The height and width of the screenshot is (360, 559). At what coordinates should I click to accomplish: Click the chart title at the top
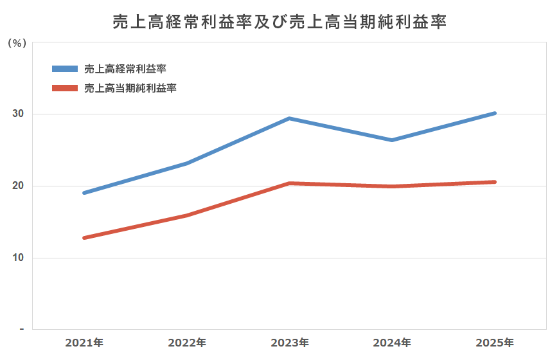[279, 22]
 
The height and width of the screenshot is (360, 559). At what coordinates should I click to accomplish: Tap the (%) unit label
[17, 44]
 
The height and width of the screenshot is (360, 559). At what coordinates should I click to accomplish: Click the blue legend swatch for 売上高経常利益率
[64, 68]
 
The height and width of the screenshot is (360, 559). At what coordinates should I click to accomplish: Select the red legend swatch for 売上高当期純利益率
[64, 88]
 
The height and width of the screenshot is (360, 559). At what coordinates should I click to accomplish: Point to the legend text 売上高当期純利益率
[130, 88]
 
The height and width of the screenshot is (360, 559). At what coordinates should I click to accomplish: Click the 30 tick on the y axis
[17, 114]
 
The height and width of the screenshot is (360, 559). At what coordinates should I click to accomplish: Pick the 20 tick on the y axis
[17, 186]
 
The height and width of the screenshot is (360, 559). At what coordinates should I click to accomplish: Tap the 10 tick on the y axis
[17, 258]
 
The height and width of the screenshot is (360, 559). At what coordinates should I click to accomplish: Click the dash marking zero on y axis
[21, 329]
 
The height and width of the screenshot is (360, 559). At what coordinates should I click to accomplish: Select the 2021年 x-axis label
[84, 342]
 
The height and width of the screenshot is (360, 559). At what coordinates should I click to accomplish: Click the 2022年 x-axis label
[187, 342]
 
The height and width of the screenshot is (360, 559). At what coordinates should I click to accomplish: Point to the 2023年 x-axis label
[290, 342]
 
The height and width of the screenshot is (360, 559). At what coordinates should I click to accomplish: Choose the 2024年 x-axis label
[392, 342]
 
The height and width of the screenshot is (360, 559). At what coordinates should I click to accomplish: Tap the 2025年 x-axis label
[495, 342]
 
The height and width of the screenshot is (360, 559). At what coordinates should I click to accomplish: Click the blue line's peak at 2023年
[290, 118]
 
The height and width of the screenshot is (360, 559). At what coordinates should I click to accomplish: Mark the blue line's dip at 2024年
[392, 140]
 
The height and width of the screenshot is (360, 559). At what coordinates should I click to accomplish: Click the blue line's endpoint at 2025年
[495, 113]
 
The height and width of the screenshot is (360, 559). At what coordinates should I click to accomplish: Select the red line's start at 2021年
[84, 238]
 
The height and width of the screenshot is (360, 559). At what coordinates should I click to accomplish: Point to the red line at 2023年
[290, 183]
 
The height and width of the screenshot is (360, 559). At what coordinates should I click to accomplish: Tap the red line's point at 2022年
[187, 215]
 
